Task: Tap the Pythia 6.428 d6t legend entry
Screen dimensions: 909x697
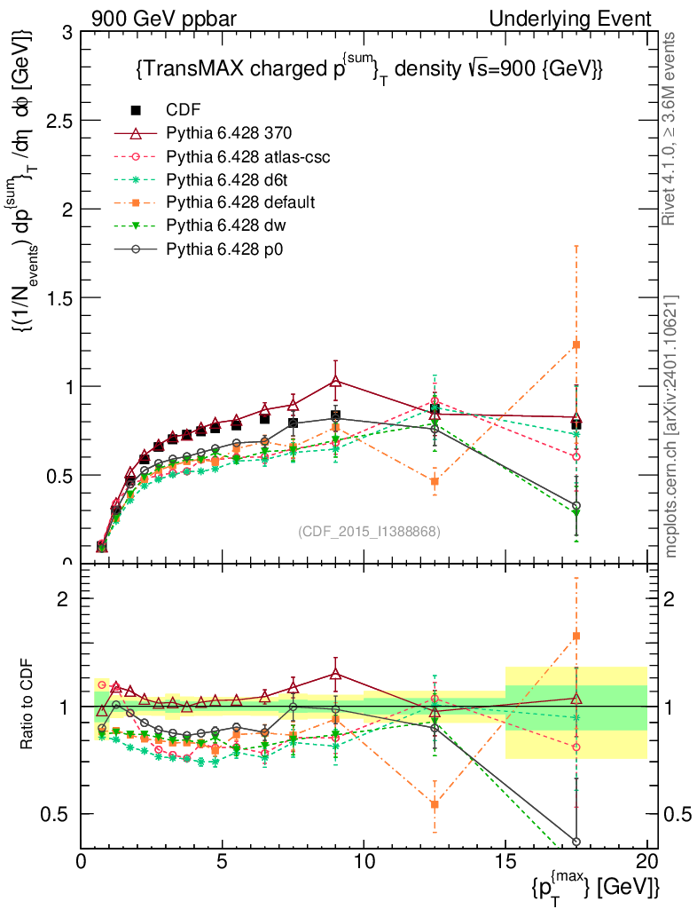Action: [225, 179]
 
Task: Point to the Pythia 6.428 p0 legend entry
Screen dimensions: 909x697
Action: [223, 249]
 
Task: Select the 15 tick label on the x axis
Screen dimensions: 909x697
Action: [505, 862]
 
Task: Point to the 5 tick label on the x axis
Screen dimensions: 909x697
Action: [223, 862]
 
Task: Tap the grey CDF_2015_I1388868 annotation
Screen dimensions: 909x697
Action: [369, 532]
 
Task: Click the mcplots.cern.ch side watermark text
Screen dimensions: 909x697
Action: [671, 426]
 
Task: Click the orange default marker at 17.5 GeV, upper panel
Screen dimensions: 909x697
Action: [576, 344]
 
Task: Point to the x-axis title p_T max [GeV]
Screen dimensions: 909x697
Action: [596, 885]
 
